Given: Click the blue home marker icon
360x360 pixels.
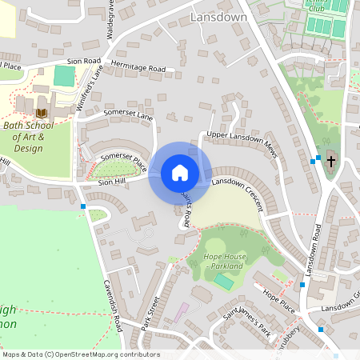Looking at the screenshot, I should tap(180, 173).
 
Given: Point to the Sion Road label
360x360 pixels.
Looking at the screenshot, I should tap(84, 60).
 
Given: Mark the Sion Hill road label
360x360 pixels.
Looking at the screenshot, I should tap(113, 182).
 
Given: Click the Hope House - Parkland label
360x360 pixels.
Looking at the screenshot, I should tap(223, 261).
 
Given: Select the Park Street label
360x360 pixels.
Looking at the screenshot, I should tap(150, 311).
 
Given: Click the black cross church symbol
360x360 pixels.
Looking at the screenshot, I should tap(330, 161).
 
